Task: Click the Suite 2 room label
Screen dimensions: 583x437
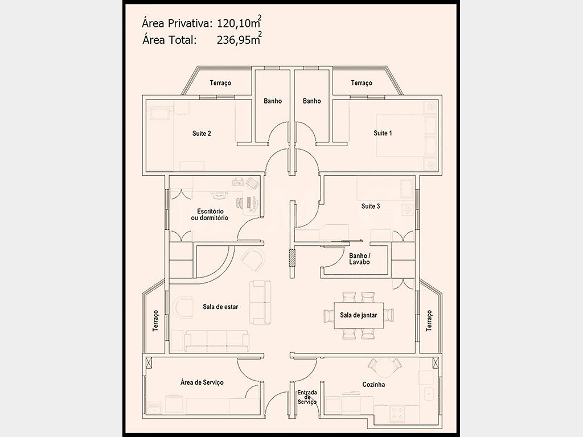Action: point(202,133)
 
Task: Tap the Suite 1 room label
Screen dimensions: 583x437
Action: point(383,133)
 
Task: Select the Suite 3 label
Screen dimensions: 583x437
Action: point(371,206)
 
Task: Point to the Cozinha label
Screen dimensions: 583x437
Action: point(373,385)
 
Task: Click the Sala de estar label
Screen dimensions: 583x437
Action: point(220,307)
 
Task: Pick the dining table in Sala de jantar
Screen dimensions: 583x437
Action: point(359,315)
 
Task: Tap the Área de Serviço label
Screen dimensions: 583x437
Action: point(202,382)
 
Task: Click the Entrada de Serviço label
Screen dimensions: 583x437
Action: point(307,397)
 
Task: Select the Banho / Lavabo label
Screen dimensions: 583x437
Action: point(360,259)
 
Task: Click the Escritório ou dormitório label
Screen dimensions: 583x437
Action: point(210,215)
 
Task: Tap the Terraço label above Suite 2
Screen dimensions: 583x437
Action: point(220,83)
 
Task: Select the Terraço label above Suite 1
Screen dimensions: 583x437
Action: point(362,83)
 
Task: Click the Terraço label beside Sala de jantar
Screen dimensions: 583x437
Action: point(429,321)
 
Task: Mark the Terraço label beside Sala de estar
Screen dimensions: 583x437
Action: point(156,321)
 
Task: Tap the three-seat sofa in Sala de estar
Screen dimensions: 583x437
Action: point(217,341)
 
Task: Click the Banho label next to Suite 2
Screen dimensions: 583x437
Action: point(273,101)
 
